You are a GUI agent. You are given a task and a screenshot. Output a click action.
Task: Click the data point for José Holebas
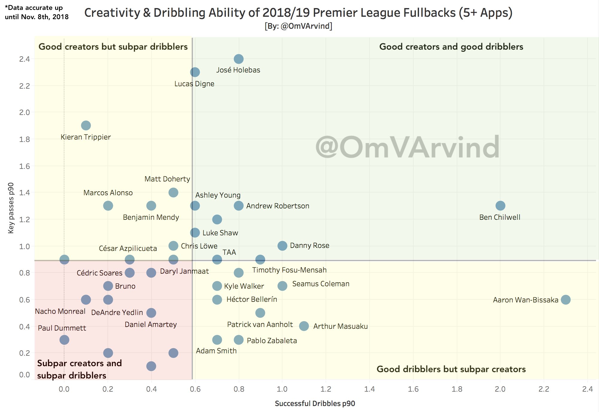(x=238, y=59)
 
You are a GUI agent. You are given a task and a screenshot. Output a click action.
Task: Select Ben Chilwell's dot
(x=500, y=206)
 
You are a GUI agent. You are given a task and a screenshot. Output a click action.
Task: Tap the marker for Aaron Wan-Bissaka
(x=565, y=299)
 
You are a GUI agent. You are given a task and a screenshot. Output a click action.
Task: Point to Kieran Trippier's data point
(x=86, y=125)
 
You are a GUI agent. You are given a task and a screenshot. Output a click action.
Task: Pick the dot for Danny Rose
(x=282, y=246)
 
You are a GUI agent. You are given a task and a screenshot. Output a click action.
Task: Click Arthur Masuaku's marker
(x=304, y=326)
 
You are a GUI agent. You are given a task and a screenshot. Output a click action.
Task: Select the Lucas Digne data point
(x=195, y=72)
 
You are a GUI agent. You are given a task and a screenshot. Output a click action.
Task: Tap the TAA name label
(x=229, y=252)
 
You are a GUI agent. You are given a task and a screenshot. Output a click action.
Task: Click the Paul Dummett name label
(x=62, y=328)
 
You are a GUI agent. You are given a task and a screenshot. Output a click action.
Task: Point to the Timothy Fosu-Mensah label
(x=289, y=270)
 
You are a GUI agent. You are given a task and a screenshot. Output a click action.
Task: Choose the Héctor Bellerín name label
(x=252, y=299)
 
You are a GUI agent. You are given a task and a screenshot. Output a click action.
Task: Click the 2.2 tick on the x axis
(x=544, y=389)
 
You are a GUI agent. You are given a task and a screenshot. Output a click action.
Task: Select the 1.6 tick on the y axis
(x=25, y=166)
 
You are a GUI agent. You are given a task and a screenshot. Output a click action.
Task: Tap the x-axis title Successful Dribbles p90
(x=315, y=404)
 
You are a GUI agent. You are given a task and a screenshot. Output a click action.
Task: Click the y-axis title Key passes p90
(x=11, y=208)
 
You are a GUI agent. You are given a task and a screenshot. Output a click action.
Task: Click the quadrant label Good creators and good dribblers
(x=451, y=47)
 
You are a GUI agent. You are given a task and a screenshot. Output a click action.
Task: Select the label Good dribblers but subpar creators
(x=451, y=369)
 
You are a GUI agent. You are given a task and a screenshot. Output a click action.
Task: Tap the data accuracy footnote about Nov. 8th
(x=37, y=12)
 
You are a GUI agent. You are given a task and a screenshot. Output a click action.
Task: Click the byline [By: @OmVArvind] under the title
(x=298, y=26)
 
